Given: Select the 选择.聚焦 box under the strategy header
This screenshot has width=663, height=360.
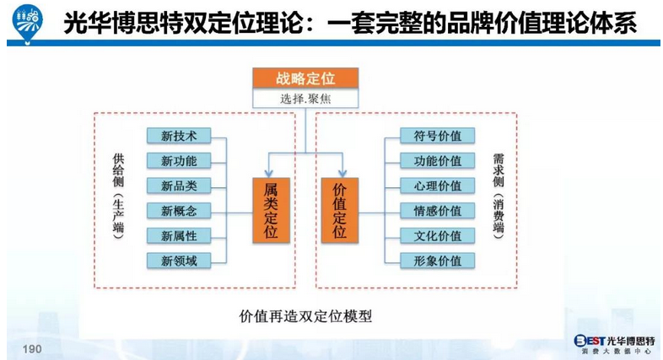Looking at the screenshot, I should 305,99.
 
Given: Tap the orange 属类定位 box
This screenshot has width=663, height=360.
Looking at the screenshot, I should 270,210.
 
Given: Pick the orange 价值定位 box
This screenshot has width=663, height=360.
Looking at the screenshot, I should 340,210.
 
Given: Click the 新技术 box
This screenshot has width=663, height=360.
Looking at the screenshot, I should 179,137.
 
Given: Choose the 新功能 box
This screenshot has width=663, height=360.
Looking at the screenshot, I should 179,161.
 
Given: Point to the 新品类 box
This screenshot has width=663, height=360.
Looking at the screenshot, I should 179,186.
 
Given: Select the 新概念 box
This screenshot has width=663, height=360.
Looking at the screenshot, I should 179,211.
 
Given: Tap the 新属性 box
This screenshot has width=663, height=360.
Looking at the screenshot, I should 179,236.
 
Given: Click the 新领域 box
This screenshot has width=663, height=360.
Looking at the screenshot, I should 179,261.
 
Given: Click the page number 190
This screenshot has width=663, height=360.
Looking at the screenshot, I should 32,348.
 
